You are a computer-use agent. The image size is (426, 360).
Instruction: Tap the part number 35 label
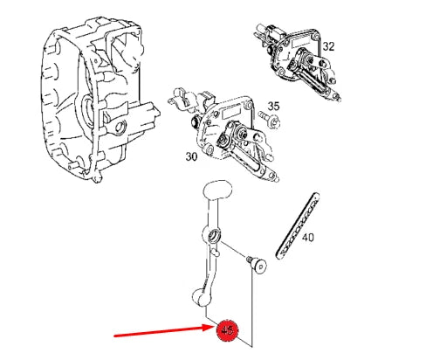[x=273, y=106]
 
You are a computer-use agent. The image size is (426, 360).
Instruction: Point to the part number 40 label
[x=308, y=236]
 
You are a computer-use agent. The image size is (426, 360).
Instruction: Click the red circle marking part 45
[x=228, y=329]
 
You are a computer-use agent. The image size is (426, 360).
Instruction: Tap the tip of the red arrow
[x=213, y=329]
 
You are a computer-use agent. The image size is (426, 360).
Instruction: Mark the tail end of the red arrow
[x=117, y=335]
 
